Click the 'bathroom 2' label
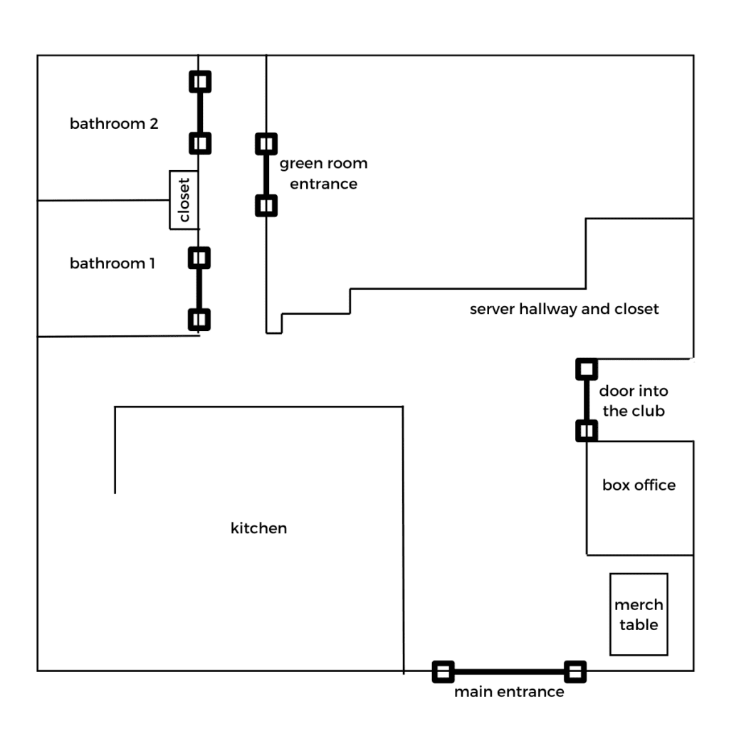tap(114, 124)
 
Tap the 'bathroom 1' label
tap(112, 263)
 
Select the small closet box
tap(184, 200)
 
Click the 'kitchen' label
tap(258, 528)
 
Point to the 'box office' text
tap(639, 486)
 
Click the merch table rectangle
tap(639, 614)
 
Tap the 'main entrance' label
tap(509, 692)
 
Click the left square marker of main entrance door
tap(443, 671)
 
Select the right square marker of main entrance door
tap(575, 671)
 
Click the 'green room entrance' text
tap(323, 174)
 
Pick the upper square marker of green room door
tap(266, 144)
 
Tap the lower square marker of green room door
tap(266, 206)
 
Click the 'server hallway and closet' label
tap(565, 309)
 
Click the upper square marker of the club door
tap(586, 369)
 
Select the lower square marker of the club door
tap(586, 431)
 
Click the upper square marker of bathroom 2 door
tap(200, 82)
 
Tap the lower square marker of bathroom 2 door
tap(200, 143)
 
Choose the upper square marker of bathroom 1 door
tap(200, 257)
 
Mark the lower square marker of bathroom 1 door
tap(200, 319)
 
